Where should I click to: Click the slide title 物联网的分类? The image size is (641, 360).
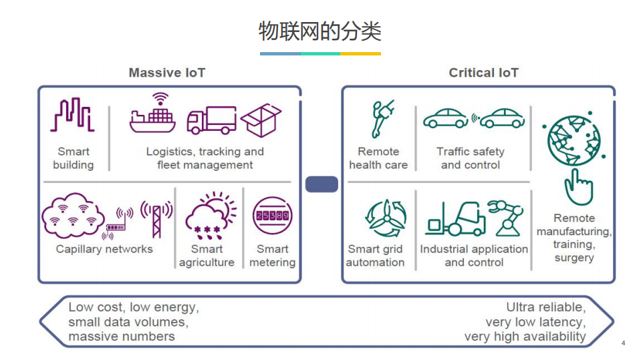tap(319, 30)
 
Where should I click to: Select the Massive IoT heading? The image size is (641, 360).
tap(167, 73)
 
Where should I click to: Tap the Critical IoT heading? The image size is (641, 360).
tap(483, 73)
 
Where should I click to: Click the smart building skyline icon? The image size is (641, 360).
tap(73, 115)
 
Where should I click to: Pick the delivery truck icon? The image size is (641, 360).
tap(211, 120)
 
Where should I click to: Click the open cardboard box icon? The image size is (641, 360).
tap(261, 120)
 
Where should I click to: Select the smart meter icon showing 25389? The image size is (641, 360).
tap(272, 216)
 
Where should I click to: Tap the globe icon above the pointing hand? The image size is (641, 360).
tap(573, 139)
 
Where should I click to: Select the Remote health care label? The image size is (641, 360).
tap(378, 158)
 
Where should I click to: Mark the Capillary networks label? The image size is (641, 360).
tap(104, 249)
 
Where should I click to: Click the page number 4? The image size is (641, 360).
tap(624, 343)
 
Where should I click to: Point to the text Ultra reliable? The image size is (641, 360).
tap(545, 307)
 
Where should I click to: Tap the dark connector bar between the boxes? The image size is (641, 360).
tap(322, 184)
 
